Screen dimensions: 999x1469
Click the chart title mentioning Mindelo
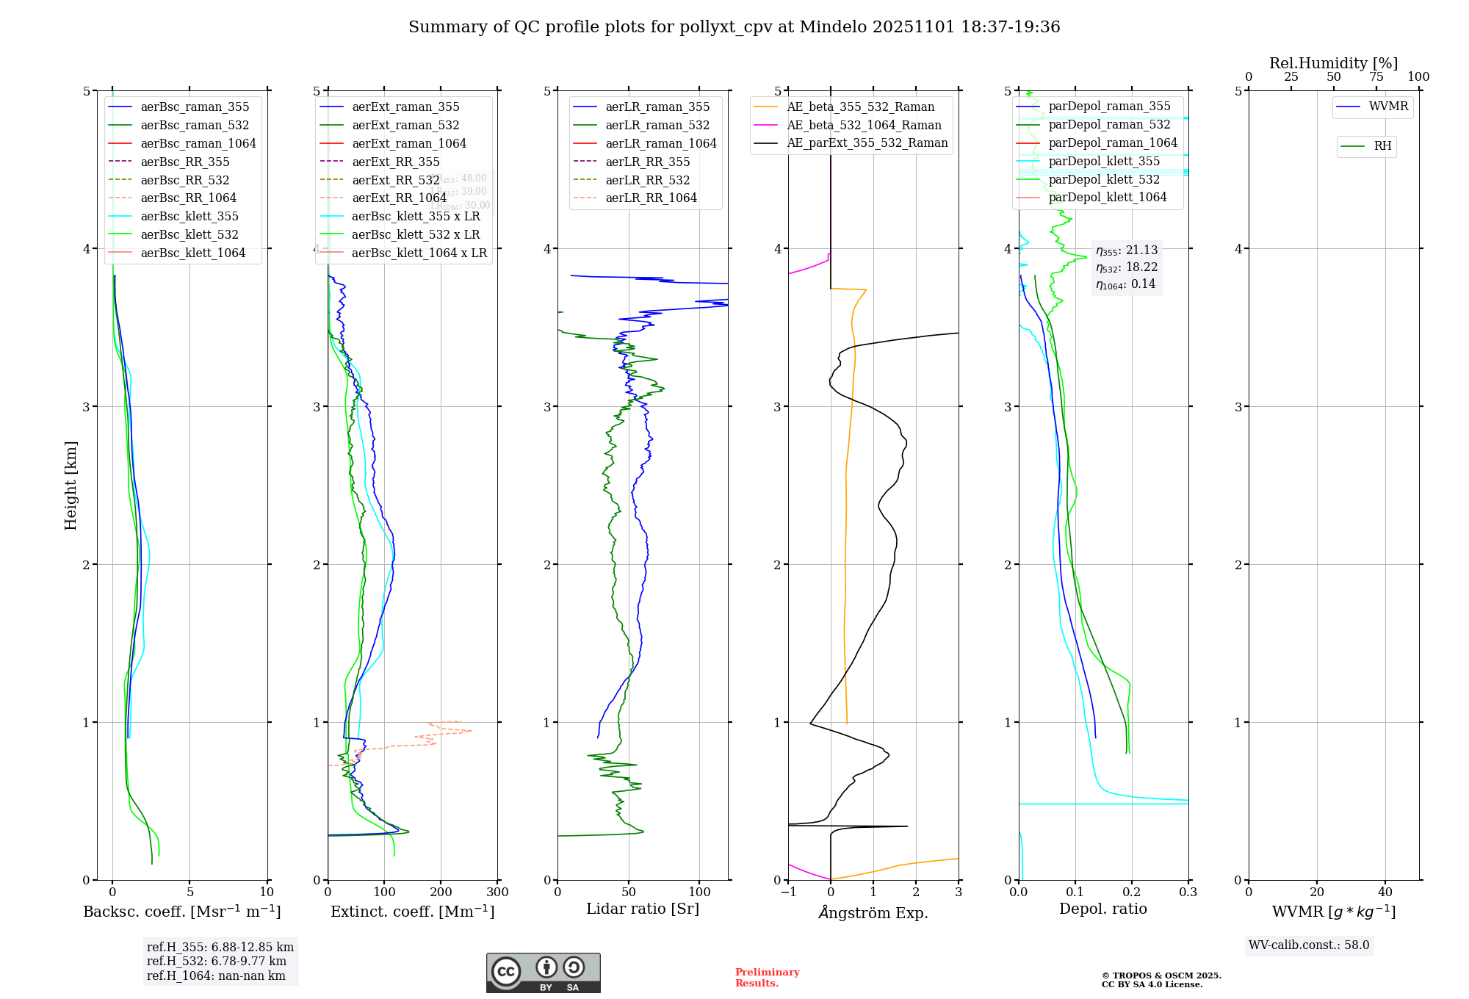coord(734,27)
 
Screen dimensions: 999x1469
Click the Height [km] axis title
coord(71,486)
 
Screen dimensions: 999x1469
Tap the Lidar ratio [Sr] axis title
coord(643,909)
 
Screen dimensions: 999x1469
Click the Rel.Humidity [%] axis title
coord(1333,63)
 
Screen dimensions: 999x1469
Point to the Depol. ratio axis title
coord(1102,909)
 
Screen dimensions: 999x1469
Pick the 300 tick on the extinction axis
coord(498,892)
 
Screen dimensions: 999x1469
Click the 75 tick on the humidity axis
coord(1376,77)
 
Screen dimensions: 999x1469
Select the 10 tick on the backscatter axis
coord(267,892)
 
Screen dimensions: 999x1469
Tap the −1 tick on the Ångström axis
coord(788,892)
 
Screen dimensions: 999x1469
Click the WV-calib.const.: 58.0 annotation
coord(1309,945)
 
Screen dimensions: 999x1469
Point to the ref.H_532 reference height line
coord(217,962)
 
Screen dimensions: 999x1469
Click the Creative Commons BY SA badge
coord(543,973)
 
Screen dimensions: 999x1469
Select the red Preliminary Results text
coord(767,978)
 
